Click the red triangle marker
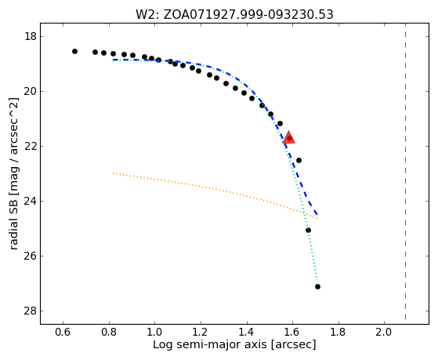pyautogui.click(x=289, y=137)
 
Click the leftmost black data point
pyautogui.click(x=74, y=51)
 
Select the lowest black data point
pyautogui.click(x=317, y=286)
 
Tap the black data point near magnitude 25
pyautogui.click(x=309, y=231)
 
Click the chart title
pyautogui.click(x=234, y=15)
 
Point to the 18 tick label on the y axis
pyautogui.click(x=30, y=37)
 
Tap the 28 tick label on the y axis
pyautogui.click(x=30, y=311)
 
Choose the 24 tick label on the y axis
pyautogui.click(x=30, y=201)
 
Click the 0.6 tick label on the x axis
pyautogui.click(x=63, y=332)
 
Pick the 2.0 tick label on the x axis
pyautogui.click(x=384, y=332)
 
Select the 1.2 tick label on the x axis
pyautogui.click(x=201, y=332)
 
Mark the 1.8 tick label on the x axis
pyautogui.click(x=338, y=332)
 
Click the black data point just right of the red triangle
pyautogui.click(x=299, y=160)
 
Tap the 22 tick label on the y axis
pyautogui.click(x=30, y=147)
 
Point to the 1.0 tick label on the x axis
pyautogui.click(x=154, y=332)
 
